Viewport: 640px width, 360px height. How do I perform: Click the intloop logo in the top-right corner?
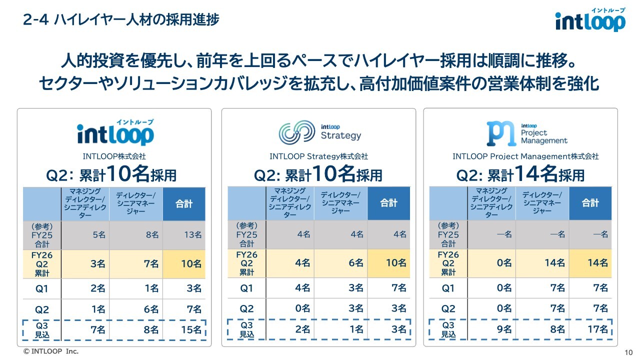pos(590,20)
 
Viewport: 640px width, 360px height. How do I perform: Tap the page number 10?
pos(628,352)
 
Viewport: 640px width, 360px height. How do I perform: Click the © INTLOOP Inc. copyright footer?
pos(51,351)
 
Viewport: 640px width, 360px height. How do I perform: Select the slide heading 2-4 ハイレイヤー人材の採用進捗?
pos(121,20)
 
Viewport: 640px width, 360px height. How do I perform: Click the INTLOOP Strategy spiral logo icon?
pos(297,131)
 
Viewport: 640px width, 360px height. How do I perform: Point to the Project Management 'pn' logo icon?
pos(501,133)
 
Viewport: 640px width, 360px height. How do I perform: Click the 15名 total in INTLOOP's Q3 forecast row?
pos(191,329)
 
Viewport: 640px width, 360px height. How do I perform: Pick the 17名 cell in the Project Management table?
pos(597,329)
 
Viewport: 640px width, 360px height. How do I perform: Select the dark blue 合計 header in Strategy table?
pos(388,203)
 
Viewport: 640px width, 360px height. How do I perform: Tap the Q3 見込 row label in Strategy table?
pos(246,329)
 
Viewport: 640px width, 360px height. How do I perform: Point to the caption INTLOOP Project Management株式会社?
pos(525,156)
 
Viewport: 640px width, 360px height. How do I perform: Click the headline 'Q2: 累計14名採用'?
pos(520,174)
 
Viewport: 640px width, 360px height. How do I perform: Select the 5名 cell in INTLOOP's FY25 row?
pos(98,234)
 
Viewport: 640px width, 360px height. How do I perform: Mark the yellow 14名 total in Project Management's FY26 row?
pos(597,263)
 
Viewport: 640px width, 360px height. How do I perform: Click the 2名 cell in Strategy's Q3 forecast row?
pos(302,329)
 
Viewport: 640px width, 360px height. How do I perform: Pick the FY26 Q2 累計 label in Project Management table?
pos(448,263)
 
